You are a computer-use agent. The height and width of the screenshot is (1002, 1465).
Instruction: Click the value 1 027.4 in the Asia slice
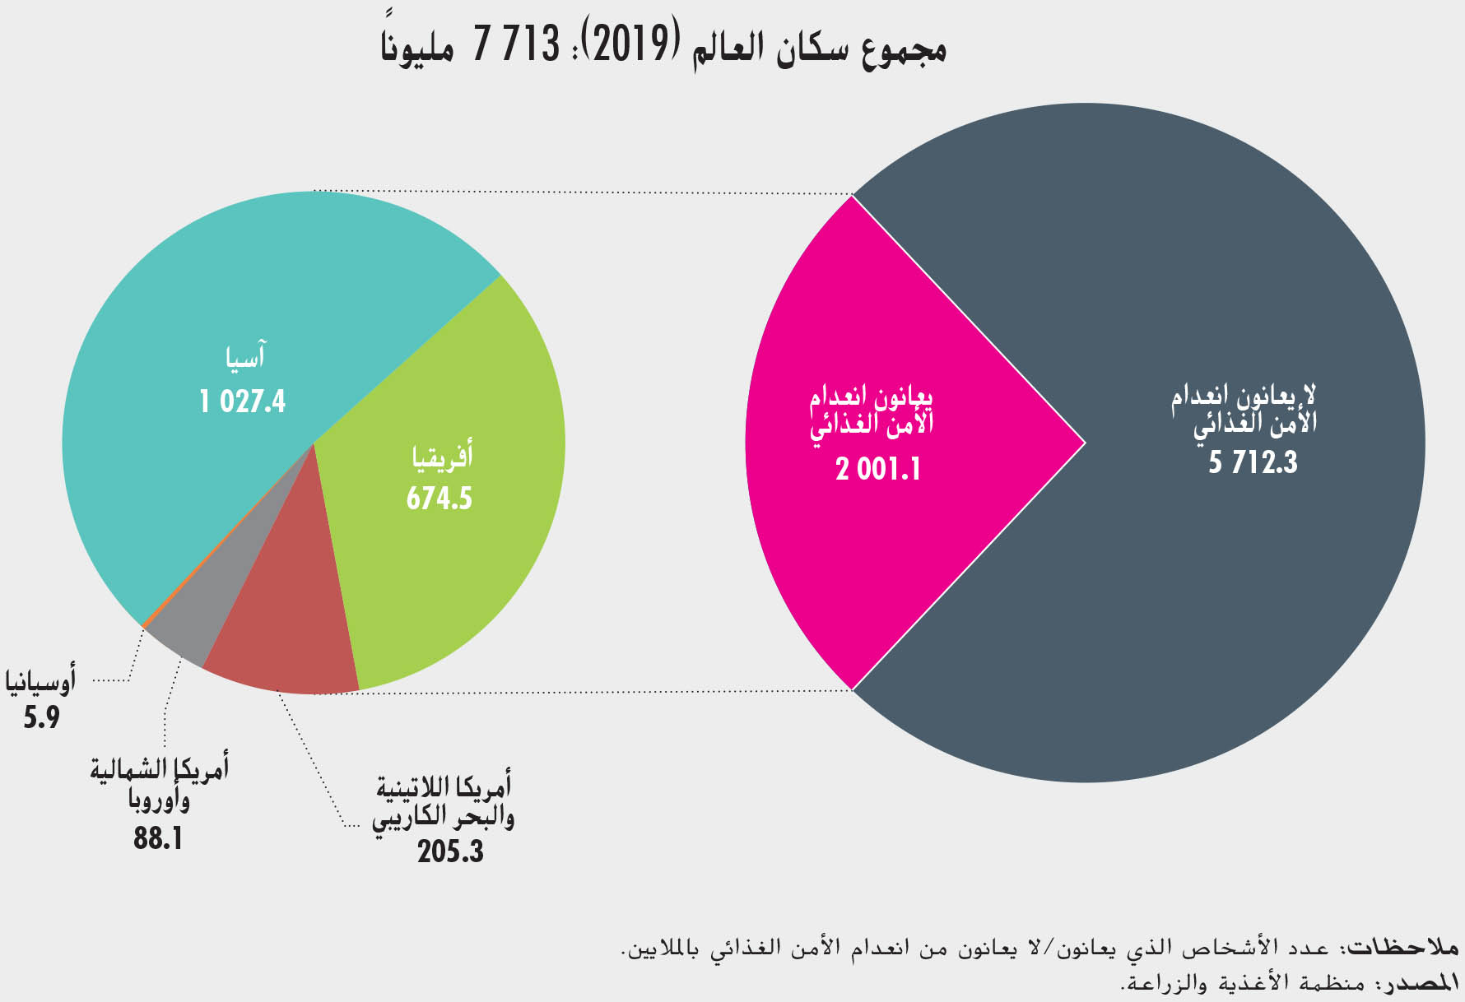[243, 401]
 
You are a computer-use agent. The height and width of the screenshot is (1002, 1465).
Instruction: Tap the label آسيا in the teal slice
[245, 357]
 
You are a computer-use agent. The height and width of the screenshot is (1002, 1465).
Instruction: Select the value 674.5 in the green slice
[439, 499]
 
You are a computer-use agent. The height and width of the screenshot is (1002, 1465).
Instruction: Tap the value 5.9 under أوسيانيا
[41, 718]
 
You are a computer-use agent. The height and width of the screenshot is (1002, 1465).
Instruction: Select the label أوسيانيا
[41, 682]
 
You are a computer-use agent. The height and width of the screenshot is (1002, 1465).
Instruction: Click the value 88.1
[158, 839]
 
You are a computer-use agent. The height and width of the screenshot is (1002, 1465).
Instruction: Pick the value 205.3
[450, 851]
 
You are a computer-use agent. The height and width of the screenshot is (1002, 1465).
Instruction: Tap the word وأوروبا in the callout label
[160, 800]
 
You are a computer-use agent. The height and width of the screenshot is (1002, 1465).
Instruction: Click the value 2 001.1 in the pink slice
[878, 470]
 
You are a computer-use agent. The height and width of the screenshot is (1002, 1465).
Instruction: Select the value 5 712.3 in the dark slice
[1253, 462]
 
